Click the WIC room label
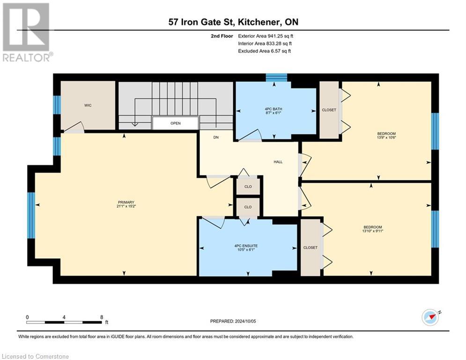click(x=88, y=105)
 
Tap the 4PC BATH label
click(x=274, y=109)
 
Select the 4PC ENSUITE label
click(x=246, y=245)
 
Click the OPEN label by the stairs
click(x=175, y=123)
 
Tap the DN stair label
click(x=216, y=138)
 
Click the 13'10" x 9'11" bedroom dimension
click(x=373, y=230)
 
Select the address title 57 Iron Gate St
click(x=233, y=22)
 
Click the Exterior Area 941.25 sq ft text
click(x=266, y=36)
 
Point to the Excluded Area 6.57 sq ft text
click(x=265, y=51)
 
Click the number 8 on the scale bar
click(x=102, y=317)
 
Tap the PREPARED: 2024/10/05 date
click(x=233, y=321)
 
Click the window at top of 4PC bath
click(x=276, y=78)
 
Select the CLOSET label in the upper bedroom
click(x=329, y=110)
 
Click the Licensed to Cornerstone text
click(x=36, y=357)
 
